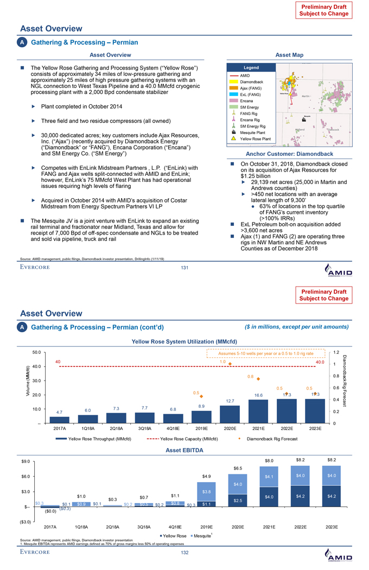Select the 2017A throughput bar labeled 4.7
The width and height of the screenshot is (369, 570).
(x=59, y=419)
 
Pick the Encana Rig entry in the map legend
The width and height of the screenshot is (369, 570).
(x=252, y=119)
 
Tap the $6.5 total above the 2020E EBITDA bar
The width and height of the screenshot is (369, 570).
(x=238, y=468)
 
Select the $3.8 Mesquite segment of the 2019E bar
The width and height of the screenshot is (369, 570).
(x=207, y=491)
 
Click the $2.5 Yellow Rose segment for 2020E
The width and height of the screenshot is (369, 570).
(x=238, y=500)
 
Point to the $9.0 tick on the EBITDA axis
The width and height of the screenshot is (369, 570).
(x=25, y=462)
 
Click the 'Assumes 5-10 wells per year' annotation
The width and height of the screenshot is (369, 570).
(x=266, y=353)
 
